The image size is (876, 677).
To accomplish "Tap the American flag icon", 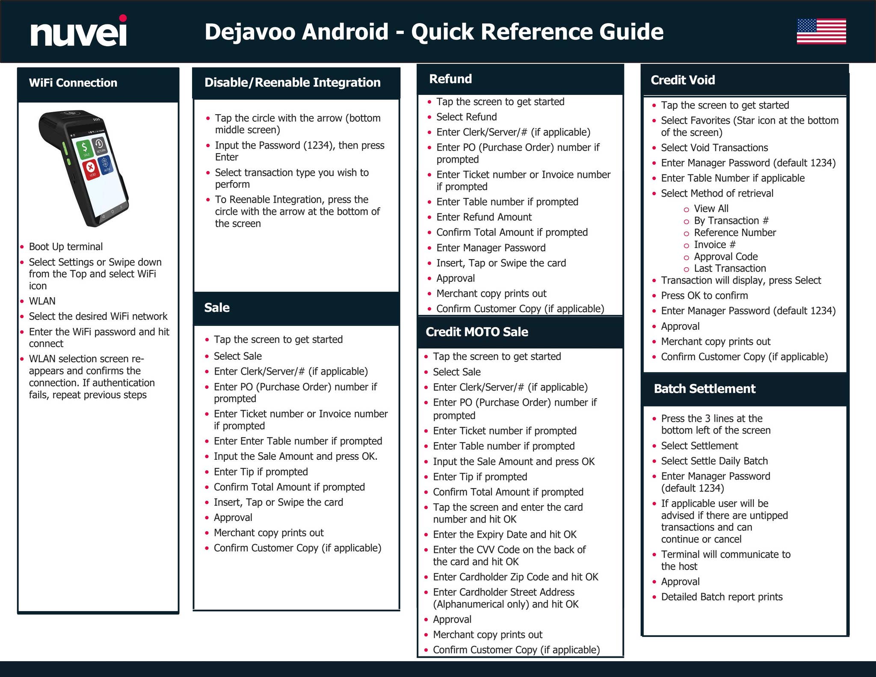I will tap(821, 31).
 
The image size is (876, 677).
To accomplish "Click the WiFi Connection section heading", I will tap(73, 83).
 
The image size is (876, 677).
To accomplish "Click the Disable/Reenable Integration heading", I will tap(293, 82).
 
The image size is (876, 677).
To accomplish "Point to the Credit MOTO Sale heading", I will tap(477, 332).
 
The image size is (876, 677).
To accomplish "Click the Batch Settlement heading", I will tap(704, 389).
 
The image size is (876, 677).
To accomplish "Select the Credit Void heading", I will tap(683, 80).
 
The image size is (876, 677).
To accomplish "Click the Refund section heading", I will tap(450, 79).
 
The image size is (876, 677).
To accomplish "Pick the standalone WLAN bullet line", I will tap(42, 301).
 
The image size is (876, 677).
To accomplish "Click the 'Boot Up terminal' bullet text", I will tap(66, 247).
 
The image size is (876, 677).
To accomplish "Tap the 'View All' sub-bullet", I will tap(711, 209).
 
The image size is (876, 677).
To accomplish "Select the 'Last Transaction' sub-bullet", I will tap(730, 269).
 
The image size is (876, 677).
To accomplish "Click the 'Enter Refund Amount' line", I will tap(484, 217).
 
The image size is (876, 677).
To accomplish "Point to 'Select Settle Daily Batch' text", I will tap(714, 461).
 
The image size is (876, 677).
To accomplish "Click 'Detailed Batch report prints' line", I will tap(722, 597).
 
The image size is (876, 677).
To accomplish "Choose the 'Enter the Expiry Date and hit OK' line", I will tap(505, 535).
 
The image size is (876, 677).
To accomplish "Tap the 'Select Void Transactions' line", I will tap(714, 148).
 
